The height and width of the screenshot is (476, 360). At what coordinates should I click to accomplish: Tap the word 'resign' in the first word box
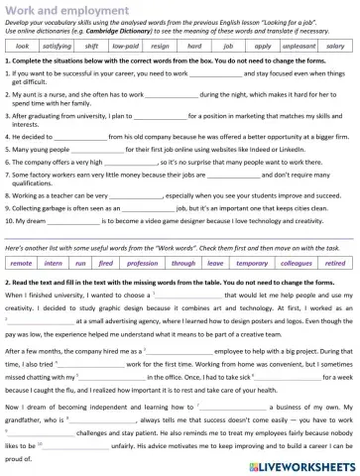164,46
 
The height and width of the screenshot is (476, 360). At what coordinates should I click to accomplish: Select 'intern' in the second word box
55,236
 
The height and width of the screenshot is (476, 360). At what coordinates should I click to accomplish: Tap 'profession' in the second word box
143,236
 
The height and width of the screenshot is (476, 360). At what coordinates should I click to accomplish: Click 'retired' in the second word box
335,236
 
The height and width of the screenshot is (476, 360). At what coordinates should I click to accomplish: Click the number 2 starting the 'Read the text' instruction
7,255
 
